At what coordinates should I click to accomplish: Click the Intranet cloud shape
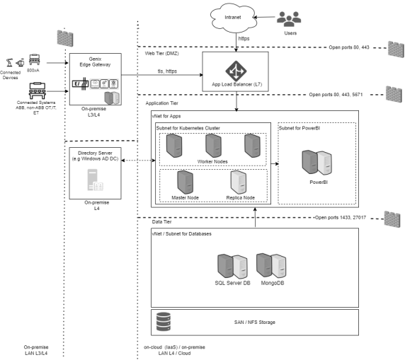(x=233, y=18)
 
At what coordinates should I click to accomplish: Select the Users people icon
(x=289, y=19)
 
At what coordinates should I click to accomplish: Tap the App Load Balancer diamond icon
(x=236, y=71)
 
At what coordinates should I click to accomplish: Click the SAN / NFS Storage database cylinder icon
(x=164, y=322)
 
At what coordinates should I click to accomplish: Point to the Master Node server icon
(x=186, y=182)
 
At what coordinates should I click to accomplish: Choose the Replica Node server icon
(x=239, y=182)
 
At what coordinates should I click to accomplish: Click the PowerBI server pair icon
(x=317, y=163)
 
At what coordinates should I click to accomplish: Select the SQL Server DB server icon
(x=232, y=267)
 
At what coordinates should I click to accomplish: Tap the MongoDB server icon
(x=271, y=266)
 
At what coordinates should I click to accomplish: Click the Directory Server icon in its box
(x=95, y=180)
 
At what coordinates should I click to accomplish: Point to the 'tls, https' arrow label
(x=167, y=71)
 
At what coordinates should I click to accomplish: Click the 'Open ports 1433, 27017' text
(x=341, y=218)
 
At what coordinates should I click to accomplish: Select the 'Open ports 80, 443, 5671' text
(x=336, y=95)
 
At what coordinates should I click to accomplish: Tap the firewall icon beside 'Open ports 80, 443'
(x=396, y=49)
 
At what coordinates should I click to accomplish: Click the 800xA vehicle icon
(x=35, y=59)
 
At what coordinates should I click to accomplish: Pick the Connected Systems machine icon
(x=38, y=91)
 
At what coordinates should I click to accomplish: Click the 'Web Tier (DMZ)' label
(x=161, y=54)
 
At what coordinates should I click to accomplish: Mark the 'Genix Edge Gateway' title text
(x=95, y=62)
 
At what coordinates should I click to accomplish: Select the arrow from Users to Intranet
(x=264, y=17)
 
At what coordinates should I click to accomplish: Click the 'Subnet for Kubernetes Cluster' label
(x=188, y=128)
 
